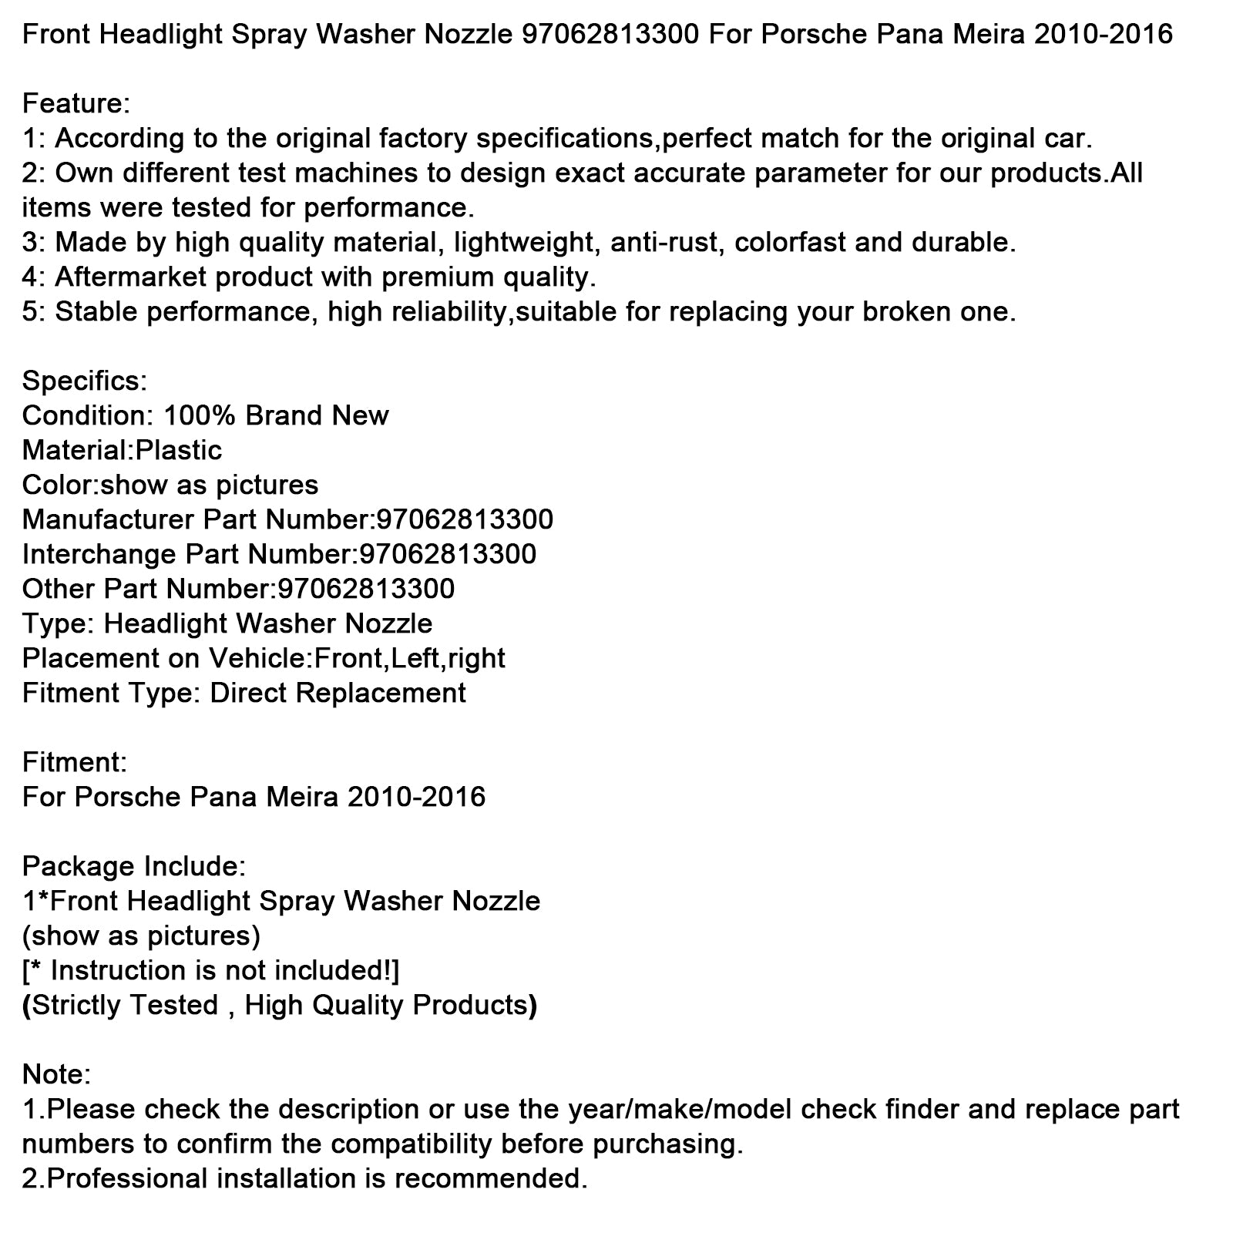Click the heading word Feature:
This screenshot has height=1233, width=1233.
[x=76, y=103]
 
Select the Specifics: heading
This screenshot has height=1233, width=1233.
[x=84, y=381]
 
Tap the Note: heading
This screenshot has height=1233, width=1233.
[x=57, y=1074]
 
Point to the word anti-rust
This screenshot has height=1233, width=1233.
[x=665, y=243]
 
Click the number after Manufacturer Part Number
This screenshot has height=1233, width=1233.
[x=465, y=519]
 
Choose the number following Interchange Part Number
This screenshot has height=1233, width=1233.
[x=448, y=554]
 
